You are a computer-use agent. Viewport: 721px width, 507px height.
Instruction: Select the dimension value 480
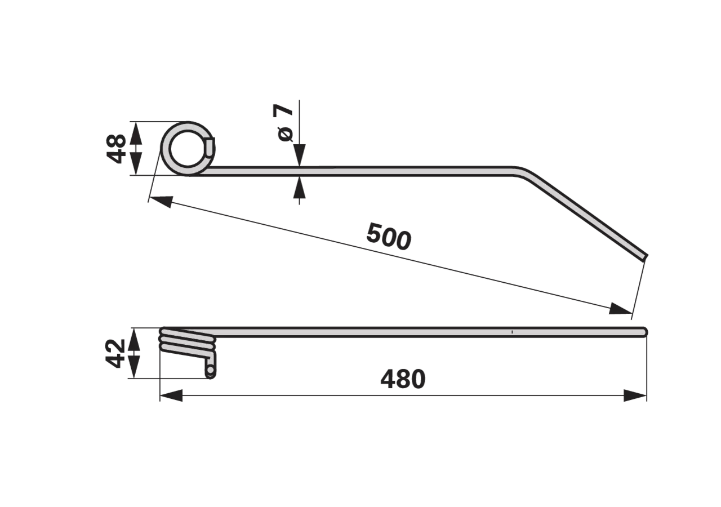pos(403,379)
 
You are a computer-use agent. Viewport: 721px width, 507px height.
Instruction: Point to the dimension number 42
pos(115,353)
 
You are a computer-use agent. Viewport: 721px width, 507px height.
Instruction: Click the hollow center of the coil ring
pos(188,148)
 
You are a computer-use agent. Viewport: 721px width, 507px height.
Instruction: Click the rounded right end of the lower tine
pos(644,332)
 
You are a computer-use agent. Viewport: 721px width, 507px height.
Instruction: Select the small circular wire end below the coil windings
pos(210,371)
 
